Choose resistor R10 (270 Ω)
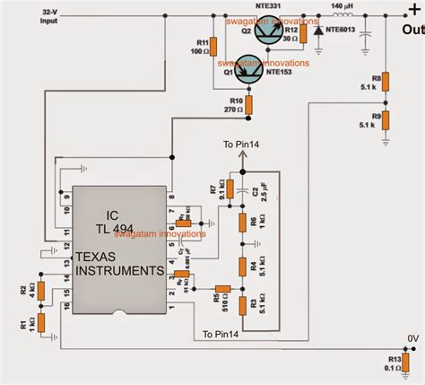click(x=250, y=105)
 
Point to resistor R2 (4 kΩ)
click(x=39, y=290)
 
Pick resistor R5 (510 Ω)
click(x=224, y=289)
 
